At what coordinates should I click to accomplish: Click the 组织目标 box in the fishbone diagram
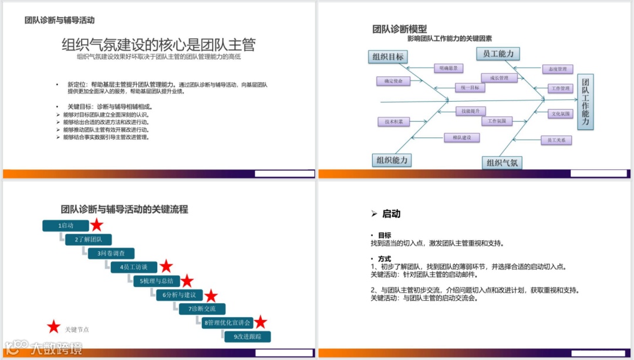click(x=387, y=57)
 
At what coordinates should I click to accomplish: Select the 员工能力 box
click(x=498, y=54)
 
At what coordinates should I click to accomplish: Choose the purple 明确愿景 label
click(x=448, y=68)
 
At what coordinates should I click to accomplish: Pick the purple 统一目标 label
click(x=470, y=88)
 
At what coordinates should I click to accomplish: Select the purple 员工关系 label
click(x=555, y=140)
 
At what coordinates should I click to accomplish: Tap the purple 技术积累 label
click(x=393, y=122)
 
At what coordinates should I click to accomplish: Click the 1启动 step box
click(x=66, y=226)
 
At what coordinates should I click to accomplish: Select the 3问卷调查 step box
click(x=111, y=253)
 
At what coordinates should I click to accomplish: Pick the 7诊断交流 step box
click(x=202, y=308)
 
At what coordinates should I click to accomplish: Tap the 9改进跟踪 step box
click(x=247, y=337)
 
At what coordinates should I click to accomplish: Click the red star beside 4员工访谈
click(x=166, y=267)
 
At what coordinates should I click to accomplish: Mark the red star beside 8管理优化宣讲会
click(x=260, y=322)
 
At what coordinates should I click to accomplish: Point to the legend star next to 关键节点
click(x=53, y=327)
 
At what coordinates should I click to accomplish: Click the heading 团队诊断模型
click(x=400, y=29)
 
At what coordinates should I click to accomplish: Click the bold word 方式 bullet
click(x=385, y=259)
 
